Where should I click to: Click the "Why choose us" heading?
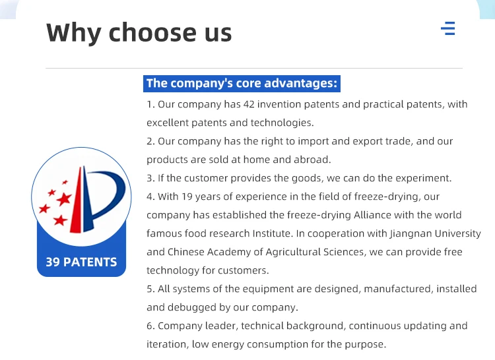(x=139, y=33)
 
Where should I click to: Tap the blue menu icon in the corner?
(x=448, y=28)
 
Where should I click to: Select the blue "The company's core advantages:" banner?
(x=242, y=84)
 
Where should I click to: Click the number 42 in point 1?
(x=249, y=104)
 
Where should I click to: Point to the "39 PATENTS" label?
(x=81, y=262)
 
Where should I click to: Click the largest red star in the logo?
(x=65, y=199)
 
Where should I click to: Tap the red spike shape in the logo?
(x=77, y=200)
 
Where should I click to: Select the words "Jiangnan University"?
(x=436, y=233)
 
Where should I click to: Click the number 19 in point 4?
(x=187, y=196)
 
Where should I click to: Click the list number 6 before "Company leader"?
(x=149, y=326)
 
